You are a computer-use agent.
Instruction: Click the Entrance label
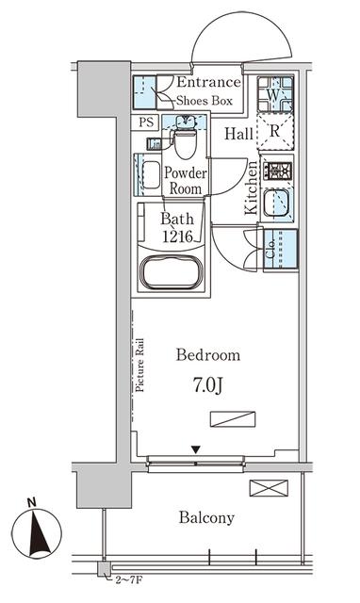coord(208,82)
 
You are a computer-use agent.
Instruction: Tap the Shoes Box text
coord(205,101)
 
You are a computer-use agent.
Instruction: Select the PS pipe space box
coord(146,122)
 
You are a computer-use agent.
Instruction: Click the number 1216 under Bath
coord(177,236)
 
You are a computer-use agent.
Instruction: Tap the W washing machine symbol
coord(275,94)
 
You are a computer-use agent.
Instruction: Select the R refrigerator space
coord(275,132)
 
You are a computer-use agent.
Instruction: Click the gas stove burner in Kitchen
coord(277,171)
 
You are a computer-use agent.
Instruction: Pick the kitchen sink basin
coord(276,204)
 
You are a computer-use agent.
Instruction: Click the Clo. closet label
coord(270,249)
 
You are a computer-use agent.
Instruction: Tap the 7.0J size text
coord(207,386)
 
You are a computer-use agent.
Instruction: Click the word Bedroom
coord(208,354)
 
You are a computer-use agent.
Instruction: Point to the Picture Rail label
coord(139,365)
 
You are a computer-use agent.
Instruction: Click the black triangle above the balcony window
coord(196,449)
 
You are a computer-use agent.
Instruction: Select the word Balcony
coord(206,517)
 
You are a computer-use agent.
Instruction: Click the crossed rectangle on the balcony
coord(269,488)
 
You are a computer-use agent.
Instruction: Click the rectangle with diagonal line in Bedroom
coord(233,419)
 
